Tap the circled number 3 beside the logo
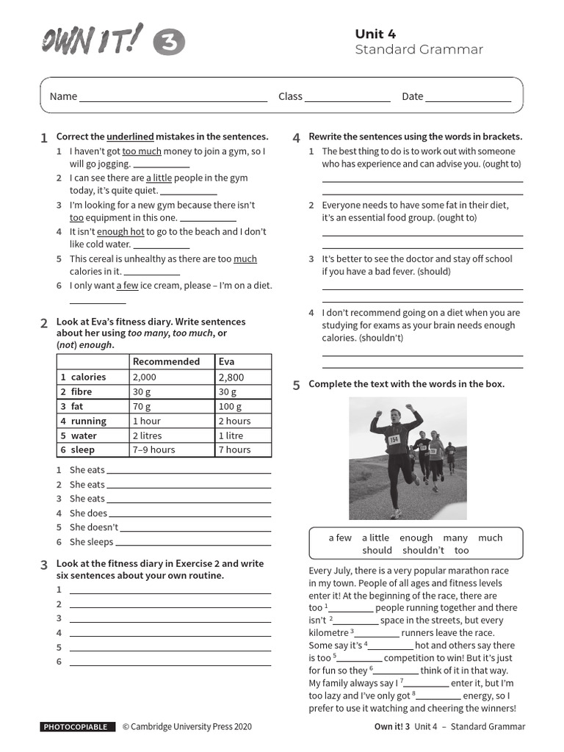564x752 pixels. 169,44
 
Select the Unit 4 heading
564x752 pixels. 375,34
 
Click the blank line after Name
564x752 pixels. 173,98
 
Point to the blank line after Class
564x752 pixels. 347,98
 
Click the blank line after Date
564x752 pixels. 469,98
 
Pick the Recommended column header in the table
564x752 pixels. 166,361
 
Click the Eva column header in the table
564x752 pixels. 226,361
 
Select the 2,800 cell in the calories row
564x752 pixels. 231,377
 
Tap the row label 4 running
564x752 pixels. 84,421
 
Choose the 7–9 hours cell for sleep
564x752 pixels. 153,449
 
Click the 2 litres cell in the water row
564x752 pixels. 147,435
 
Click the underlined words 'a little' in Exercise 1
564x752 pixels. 159,178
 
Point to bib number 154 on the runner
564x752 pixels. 394,439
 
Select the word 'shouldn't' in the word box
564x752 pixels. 423,550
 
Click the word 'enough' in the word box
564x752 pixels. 416,538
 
